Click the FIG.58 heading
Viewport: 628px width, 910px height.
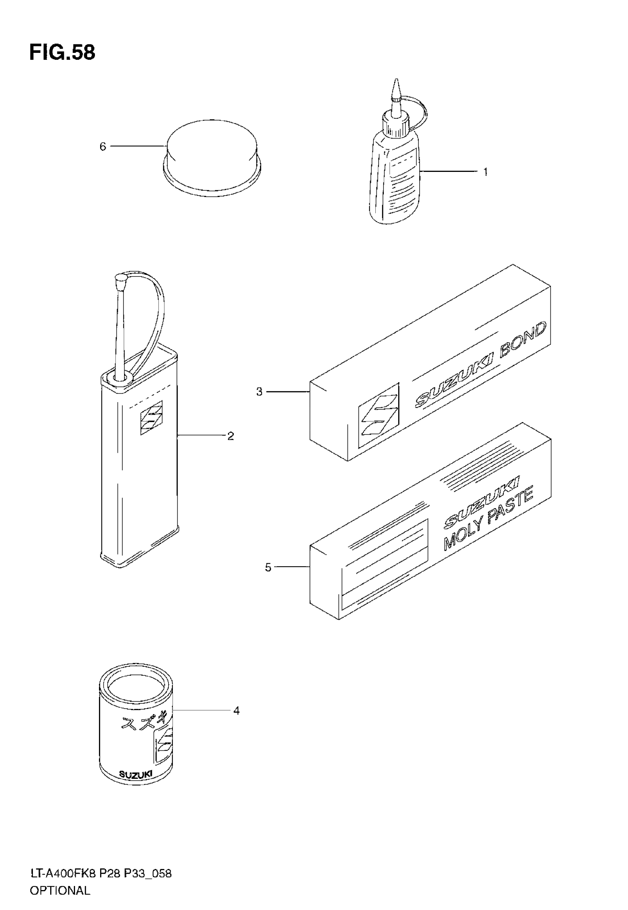pyautogui.click(x=62, y=52)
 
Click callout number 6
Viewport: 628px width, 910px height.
pyautogui.click(x=103, y=147)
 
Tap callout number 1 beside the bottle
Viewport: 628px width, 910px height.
pyautogui.click(x=485, y=172)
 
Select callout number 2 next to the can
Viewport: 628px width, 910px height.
pyautogui.click(x=231, y=436)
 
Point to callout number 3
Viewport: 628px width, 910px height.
pyautogui.click(x=259, y=392)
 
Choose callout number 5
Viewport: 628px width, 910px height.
pyautogui.click(x=268, y=568)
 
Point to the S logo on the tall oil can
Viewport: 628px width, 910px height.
pyautogui.click(x=151, y=418)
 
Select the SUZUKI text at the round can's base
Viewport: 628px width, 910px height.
pyautogui.click(x=135, y=774)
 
